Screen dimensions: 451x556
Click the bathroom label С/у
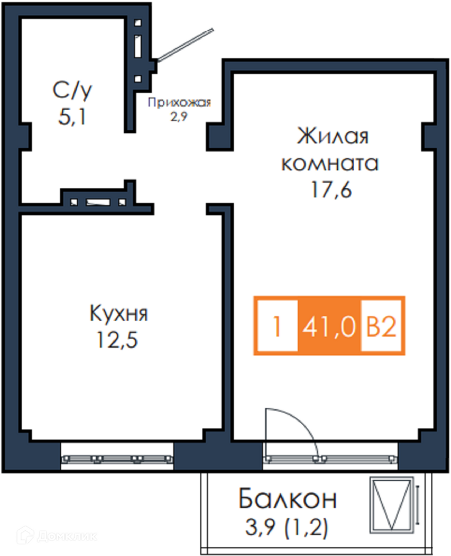click(x=72, y=90)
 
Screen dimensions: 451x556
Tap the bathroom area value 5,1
click(x=72, y=117)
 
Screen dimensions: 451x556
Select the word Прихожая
click(x=179, y=102)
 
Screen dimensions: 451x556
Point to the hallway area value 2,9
click(x=179, y=116)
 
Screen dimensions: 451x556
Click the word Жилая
click(x=333, y=135)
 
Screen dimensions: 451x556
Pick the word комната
click(x=330, y=164)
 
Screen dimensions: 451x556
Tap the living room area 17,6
click(x=331, y=189)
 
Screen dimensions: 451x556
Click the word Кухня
click(x=118, y=313)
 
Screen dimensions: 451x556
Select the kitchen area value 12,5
click(x=117, y=340)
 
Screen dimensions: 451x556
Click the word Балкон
click(x=288, y=498)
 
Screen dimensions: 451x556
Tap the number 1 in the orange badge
click(x=277, y=326)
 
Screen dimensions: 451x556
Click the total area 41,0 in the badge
click(x=328, y=326)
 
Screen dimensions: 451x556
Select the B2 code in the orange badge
click(x=381, y=326)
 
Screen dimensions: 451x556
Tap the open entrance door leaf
click(x=185, y=45)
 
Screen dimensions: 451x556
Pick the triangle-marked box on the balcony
click(x=392, y=505)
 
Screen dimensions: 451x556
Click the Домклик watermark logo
click(x=57, y=535)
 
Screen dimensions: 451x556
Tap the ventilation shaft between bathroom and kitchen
click(x=98, y=202)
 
